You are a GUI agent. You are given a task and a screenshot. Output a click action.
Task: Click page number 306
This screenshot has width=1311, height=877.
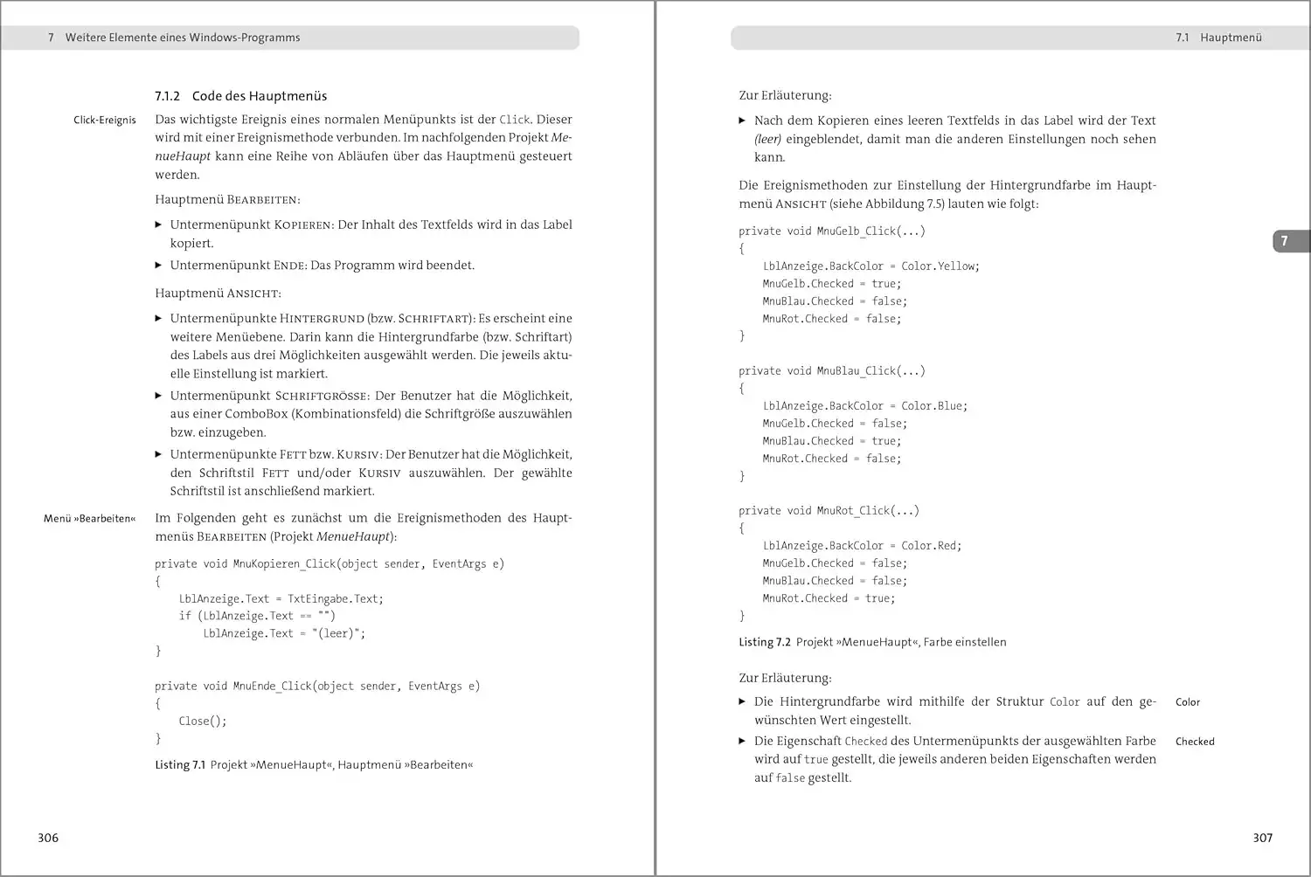point(48,838)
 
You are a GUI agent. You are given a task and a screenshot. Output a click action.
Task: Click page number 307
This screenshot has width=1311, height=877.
point(1262,838)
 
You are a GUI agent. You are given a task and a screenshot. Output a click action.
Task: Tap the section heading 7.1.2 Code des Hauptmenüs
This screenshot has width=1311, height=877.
point(240,96)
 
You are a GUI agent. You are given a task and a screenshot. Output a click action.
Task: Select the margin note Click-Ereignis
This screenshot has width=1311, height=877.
point(105,121)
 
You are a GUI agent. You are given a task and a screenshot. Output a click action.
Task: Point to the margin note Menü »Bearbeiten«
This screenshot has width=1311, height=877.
point(90,519)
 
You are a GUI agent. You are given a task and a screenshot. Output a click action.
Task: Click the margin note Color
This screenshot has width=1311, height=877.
point(1187,702)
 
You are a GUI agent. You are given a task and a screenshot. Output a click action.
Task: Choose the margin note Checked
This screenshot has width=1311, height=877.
point(1195,742)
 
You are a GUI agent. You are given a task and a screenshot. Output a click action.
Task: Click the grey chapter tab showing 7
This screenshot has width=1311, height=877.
point(1285,241)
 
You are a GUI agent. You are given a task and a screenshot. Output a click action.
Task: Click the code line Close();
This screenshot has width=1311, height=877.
point(203,722)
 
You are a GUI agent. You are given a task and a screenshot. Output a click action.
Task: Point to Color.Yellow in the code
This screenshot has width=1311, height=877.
point(940,266)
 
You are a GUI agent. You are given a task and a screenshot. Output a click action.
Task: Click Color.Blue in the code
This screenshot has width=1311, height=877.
point(933,406)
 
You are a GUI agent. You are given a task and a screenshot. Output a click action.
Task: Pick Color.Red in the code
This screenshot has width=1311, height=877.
point(931,546)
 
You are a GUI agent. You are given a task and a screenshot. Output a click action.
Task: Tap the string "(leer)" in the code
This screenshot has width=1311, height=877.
point(337,634)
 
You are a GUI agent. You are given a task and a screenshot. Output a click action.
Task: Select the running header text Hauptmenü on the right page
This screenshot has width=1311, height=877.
point(1231,38)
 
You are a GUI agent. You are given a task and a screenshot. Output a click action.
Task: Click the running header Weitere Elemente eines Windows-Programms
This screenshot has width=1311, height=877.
point(183,38)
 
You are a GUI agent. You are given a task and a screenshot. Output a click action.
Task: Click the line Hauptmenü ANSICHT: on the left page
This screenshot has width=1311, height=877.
point(218,293)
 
